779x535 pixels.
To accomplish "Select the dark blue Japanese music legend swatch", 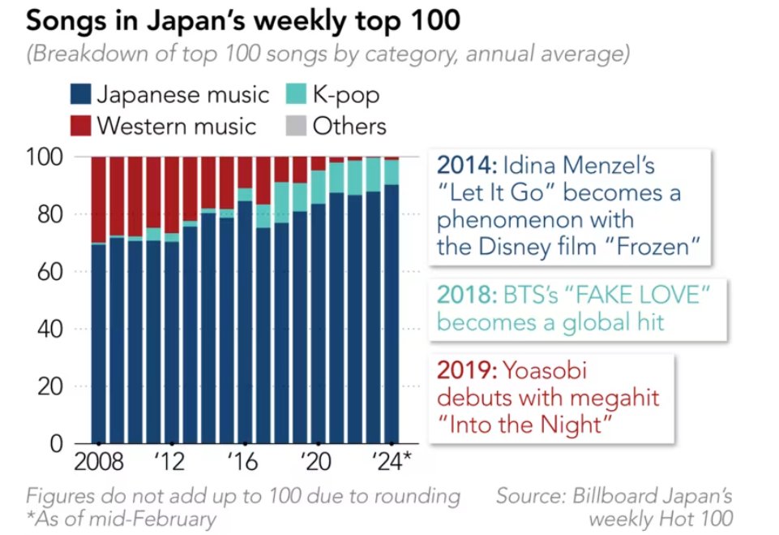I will pyautogui.click(x=80, y=94).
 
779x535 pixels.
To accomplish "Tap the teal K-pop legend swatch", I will pyautogui.click(x=296, y=94).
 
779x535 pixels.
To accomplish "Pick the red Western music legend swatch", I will pyautogui.click(x=80, y=126).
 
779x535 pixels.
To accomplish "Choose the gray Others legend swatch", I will pyautogui.click(x=296, y=126).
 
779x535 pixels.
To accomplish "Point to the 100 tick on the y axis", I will pyautogui.click(x=53, y=156).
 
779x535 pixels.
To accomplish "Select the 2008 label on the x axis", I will pyautogui.click(x=99, y=464).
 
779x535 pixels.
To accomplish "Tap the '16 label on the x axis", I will pyautogui.click(x=242, y=464).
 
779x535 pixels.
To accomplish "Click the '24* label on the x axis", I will pyautogui.click(x=393, y=464).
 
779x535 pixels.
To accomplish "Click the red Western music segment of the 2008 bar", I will pyautogui.click(x=99, y=199).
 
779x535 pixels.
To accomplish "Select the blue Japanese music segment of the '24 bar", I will pyautogui.click(x=392, y=317).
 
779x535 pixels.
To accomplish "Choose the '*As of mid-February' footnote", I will pyautogui.click(x=121, y=519).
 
